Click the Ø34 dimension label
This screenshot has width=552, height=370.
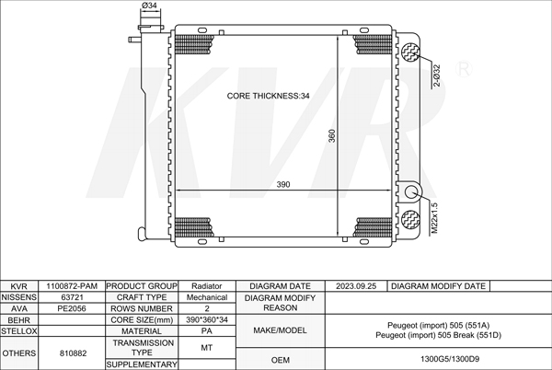tap(149, 6)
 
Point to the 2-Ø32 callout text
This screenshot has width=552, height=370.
tap(436, 75)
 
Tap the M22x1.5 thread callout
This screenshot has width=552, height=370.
tap(434, 218)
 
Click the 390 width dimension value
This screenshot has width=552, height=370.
tap(283, 184)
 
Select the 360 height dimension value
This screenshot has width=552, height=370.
tap(332, 136)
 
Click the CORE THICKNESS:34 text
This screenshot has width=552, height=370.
tap(269, 96)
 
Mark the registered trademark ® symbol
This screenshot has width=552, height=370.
tap(464, 69)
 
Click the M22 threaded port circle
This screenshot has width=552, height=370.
tap(410, 192)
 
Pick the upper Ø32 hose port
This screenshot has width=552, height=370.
tap(410, 52)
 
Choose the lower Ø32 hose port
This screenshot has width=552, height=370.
tap(410, 219)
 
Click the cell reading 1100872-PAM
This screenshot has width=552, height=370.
tap(72, 286)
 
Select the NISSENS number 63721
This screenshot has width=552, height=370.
tap(72, 297)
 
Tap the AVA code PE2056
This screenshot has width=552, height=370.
tap(72, 308)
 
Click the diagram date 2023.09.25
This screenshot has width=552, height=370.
tap(356, 286)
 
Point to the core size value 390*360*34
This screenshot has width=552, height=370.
tap(207, 319)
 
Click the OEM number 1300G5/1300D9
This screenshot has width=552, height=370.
tap(450, 359)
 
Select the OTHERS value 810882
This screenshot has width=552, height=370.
tap(73, 353)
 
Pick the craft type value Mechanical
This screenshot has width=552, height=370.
tap(207, 297)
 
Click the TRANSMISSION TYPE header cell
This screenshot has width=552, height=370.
tap(142, 348)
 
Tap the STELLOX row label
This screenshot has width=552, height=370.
tap(18, 331)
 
